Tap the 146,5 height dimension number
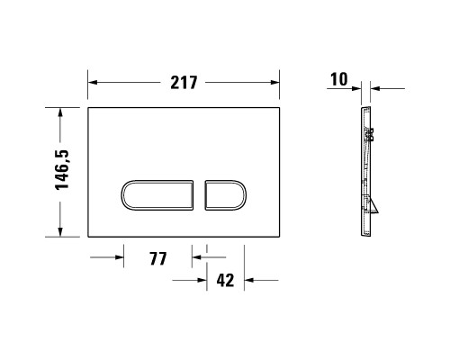click(x=60, y=171)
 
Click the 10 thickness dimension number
click(x=338, y=79)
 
